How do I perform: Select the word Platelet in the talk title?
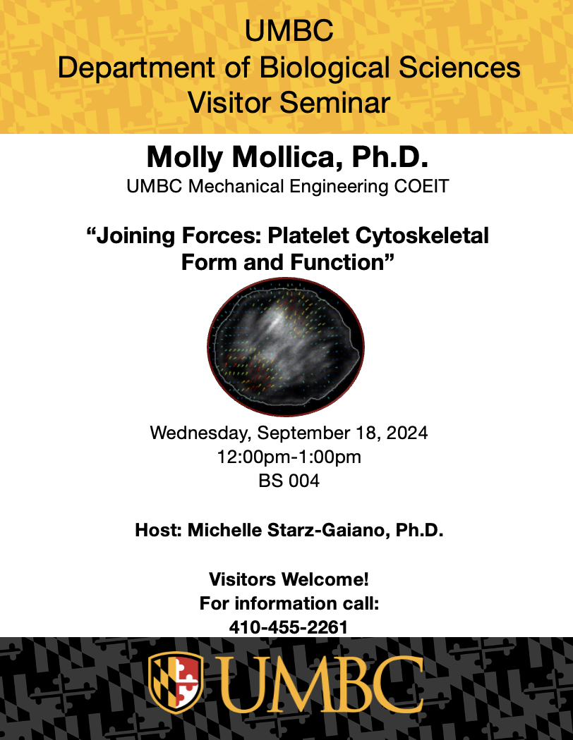pos(308,235)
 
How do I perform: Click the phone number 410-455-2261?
pos(288,627)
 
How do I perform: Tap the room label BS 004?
pos(289,481)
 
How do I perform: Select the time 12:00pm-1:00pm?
pos(289,457)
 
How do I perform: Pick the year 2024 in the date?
pos(407,433)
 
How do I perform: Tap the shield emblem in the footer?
pos(176,682)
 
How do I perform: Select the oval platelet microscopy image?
pos(286,347)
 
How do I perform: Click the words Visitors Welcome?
pos(289,579)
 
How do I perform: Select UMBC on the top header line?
pos(289,31)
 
